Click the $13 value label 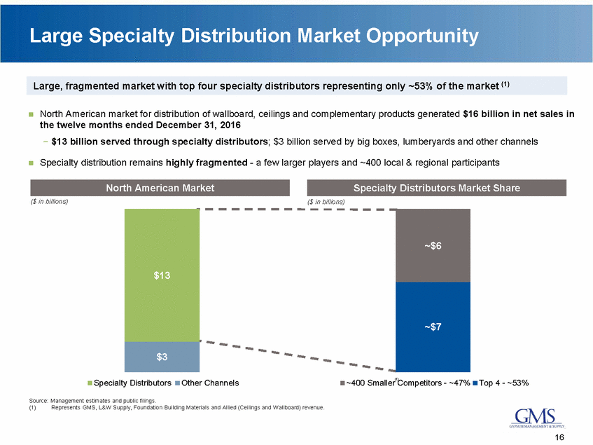point(162,275)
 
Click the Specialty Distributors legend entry point(129,383)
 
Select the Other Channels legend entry point(207,383)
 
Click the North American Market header point(160,188)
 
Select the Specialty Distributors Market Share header point(436,188)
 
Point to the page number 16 point(559,437)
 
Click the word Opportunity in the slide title point(413,35)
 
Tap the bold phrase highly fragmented point(200,163)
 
